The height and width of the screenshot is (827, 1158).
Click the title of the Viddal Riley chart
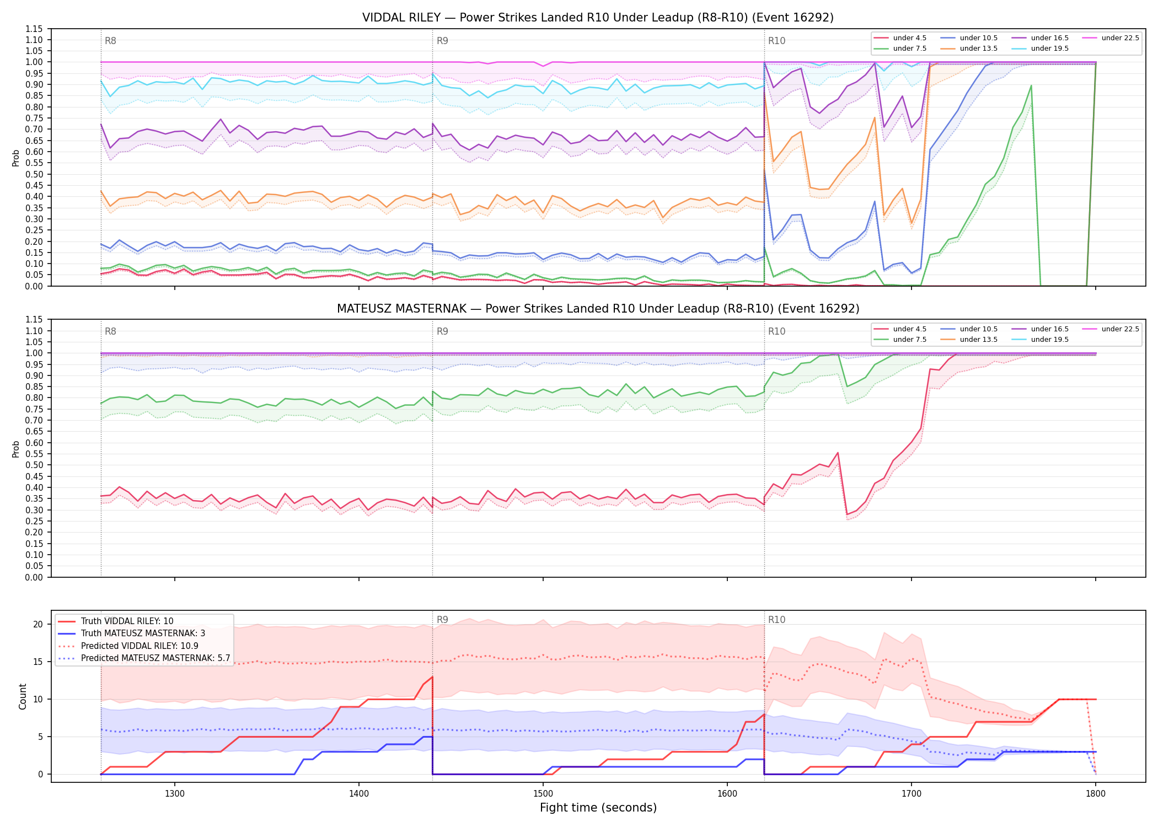click(598, 18)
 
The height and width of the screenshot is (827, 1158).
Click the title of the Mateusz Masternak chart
click(598, 309)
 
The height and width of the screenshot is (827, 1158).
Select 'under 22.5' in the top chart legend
click(1120, 38)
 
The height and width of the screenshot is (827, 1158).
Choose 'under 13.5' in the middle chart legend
click(979, 340)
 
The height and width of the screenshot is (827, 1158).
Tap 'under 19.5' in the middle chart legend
click(1050, 340)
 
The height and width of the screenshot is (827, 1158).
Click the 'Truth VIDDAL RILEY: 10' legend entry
click(127, 621)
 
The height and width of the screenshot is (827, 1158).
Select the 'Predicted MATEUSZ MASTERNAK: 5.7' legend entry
click(156, 658)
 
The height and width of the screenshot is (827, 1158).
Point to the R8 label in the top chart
click(110, 41)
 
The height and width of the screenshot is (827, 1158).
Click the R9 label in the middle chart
click(442, 331)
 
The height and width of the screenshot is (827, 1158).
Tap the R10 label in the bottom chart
click(776, 620)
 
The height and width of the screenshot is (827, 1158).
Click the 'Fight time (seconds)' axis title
click(598, 808)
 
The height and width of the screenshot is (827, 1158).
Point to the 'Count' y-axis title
click(23, 696)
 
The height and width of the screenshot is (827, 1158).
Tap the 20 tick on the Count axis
click(38, 625)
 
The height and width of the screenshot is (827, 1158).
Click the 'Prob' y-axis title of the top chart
click(16, 158)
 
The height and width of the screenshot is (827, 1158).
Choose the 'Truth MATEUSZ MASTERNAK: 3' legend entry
click(143, 633)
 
